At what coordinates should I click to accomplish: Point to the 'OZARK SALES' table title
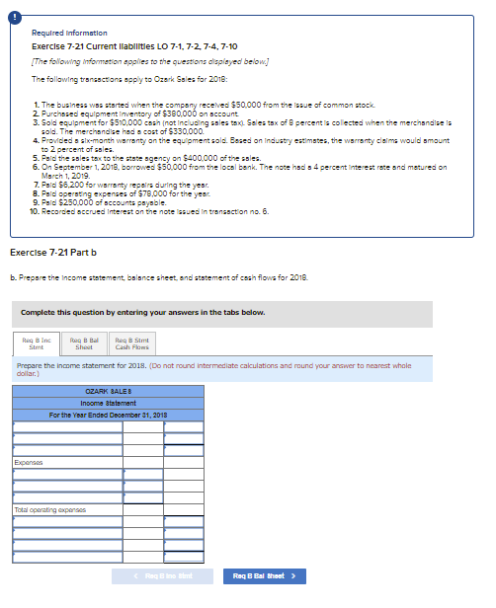tap(108, 393)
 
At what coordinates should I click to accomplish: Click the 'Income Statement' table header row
tap(108, 403)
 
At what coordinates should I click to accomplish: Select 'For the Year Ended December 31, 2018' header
tap(108, 414)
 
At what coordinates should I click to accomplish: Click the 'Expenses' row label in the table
tap(27, 461)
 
